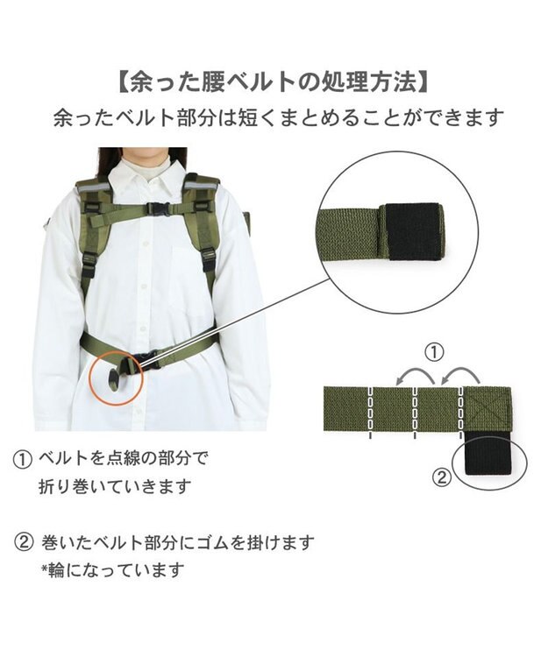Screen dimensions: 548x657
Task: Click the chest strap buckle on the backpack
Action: (x=159, y=208)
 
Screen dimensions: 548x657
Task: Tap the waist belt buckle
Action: (x=149, y=359)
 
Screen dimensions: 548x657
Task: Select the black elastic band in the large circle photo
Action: (x=414, y=231)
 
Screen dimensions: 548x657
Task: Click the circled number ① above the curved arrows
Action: (x=434, y=352)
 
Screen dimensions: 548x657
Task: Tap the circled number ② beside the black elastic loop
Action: (x=441, y=477)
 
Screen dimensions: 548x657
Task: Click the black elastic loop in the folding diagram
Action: (x=489, y=455)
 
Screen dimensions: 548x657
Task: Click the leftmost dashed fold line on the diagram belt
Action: (x=370, y=411)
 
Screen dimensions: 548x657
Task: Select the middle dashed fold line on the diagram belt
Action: (x=414, y=411)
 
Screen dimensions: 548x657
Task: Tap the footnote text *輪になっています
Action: (x=112, y=570)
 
